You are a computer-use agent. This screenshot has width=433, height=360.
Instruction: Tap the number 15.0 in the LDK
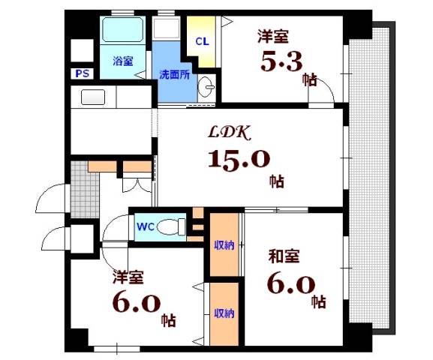(238, 160)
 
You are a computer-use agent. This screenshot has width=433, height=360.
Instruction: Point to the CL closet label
(201, 41)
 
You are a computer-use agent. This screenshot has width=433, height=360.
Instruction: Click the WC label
(146, 225)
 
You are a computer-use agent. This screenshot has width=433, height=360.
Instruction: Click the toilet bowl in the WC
(174, 225)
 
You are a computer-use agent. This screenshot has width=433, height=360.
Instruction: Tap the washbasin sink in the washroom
(206, 89)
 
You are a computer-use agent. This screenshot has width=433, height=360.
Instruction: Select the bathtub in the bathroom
(122, 30)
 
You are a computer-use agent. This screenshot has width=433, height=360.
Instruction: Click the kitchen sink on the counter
(93, 97)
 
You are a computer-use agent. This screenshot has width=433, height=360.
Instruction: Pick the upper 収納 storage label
(224, 244)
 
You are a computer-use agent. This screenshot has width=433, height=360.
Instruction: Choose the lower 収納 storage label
(224, 313)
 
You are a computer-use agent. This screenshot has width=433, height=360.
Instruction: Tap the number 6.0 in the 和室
(290, 285)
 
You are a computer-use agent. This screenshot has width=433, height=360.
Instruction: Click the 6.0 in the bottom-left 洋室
(137, 304)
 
